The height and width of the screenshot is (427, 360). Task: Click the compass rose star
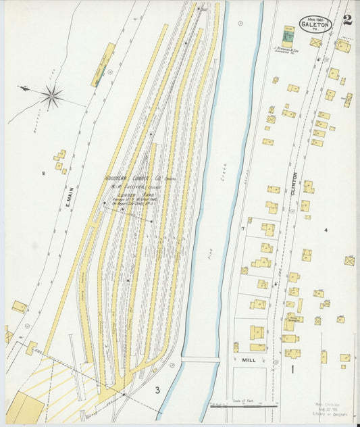[x=51, y=96]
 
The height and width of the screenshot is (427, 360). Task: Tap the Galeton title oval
[x=317, y=24]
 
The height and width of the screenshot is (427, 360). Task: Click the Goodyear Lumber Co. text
[x=131, y=179]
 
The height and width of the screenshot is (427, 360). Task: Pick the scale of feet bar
[x=242, y=405]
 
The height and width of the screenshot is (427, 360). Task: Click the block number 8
[x=43, y=174]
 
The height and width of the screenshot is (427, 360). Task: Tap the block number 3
[x=157, y=389]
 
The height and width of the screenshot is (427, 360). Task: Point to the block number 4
[x=326, y=230]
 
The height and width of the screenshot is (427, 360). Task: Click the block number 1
[x=292, y=370]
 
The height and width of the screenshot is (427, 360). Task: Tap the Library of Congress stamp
[x=328, y=410]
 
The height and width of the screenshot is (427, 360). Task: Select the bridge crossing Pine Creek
[x=200, y=359]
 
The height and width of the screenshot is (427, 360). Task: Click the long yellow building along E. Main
[x=103, y=65]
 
